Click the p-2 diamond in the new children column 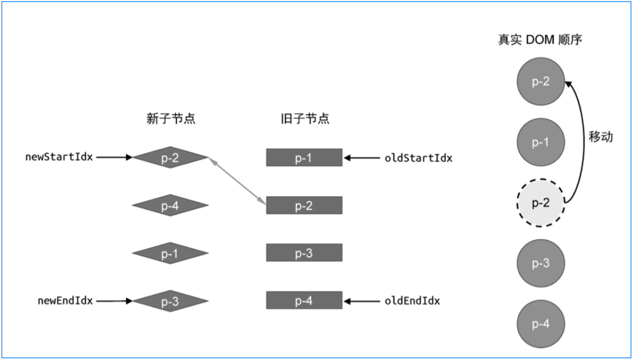170,157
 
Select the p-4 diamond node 170,205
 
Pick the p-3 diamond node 170,301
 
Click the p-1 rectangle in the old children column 304,158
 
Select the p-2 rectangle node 304,205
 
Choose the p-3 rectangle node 304,252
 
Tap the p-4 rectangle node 304,300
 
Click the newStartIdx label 60,158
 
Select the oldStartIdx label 418,158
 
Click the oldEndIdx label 412,301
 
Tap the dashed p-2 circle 541,203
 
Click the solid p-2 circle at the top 541,82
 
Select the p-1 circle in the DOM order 541,142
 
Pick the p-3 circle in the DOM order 541,264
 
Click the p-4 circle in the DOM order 541,324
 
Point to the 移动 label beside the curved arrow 600,137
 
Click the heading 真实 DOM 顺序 540,41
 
